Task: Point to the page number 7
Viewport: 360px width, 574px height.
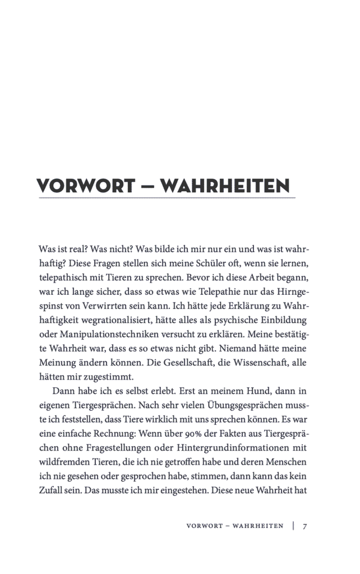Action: click(305, 526)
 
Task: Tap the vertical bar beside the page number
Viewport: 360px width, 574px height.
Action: click(293, 526)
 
